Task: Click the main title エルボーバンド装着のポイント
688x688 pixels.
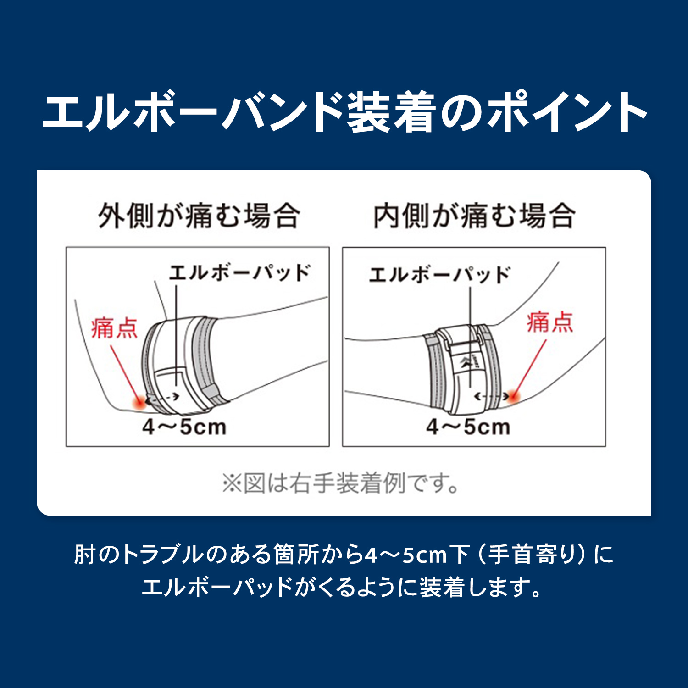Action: [344, 112]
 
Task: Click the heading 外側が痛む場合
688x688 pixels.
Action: [200, 216]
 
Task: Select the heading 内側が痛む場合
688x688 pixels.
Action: [474, 216]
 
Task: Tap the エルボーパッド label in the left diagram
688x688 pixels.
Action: [240, 273]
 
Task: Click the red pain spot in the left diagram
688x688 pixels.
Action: [138, 402]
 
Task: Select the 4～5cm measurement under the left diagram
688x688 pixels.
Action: [184, 427]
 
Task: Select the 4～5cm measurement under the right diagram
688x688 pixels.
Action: [468, 427]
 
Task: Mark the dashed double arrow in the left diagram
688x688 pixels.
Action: [162, 398]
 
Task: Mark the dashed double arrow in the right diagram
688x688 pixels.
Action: [491, 396]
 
